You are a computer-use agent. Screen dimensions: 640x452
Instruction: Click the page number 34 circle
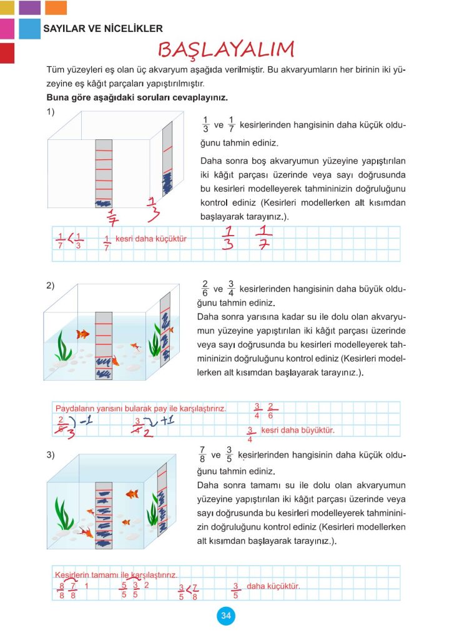tap(225, 616)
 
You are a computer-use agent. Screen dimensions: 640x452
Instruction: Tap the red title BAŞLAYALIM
tap(225, 49)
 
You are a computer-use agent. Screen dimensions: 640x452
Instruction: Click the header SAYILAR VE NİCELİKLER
tap(103, 28)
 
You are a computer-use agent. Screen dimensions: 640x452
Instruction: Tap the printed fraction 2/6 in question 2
tap(205, 290)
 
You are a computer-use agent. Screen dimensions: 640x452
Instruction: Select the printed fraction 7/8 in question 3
tap(202, 455)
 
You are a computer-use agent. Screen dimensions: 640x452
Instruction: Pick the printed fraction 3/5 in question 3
tap(230, 455)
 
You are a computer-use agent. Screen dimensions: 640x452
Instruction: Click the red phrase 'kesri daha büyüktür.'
tap(297, 431)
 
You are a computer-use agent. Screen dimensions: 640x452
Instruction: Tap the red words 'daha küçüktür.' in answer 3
tap(273, 586)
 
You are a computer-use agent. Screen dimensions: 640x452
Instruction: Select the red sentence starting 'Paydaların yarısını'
tap(140, 408)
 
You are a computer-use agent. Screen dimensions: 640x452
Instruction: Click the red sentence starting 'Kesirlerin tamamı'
tap(116, 574)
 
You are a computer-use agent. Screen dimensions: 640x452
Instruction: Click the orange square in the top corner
tap(56, 7)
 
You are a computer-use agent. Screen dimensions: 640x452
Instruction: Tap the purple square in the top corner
tap(29, 7)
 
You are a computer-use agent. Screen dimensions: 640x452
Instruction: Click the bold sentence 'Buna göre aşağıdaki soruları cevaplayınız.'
tap(137, 98)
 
